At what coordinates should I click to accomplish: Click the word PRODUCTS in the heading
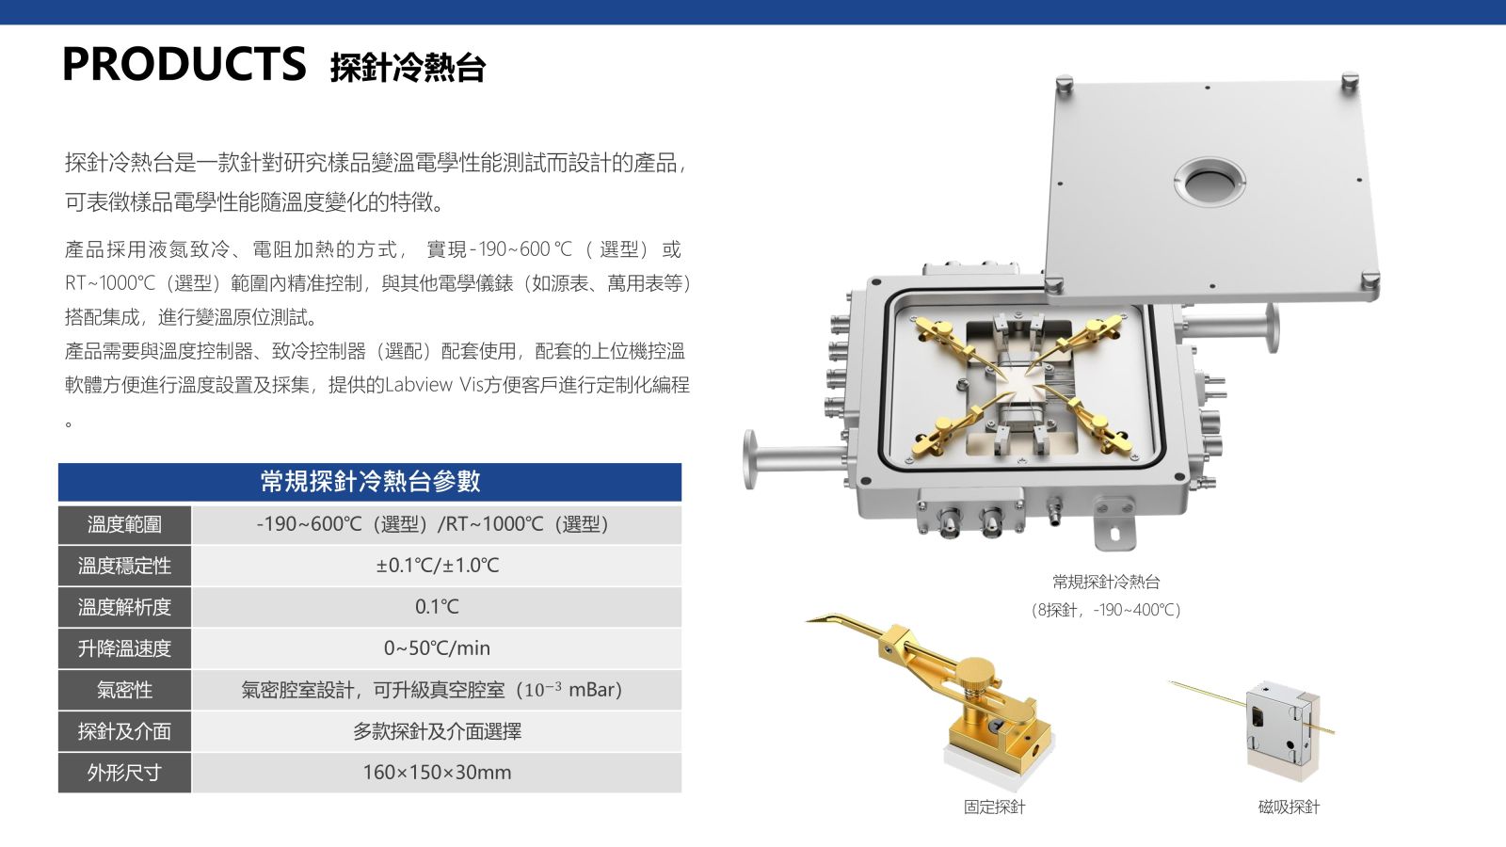coord(184,64)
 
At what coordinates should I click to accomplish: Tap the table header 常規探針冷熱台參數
coord(370,481)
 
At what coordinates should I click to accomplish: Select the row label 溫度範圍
coord(124,524)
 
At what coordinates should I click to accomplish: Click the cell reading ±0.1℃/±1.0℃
coord(437,566)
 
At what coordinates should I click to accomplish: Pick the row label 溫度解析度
coord(124,607)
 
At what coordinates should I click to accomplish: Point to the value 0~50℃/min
coord(437,648)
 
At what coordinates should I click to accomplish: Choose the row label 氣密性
coord(124,690)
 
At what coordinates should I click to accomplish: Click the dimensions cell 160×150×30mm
coord(437,773)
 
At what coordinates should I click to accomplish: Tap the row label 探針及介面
coord(124,731)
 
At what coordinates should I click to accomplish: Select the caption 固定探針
coord(994,807)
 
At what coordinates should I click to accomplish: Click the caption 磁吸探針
coord(1289,807)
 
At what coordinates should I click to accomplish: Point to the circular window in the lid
coord(1210,182)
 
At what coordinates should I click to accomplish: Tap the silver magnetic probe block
coord(1281,729)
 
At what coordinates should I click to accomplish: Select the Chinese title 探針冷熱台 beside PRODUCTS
coord(408,68)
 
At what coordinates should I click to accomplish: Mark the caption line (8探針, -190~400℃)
coord(1106,610)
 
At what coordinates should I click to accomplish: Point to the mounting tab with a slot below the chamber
coord(1114,524)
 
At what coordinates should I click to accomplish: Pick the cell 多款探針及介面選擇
coord(437,731)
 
